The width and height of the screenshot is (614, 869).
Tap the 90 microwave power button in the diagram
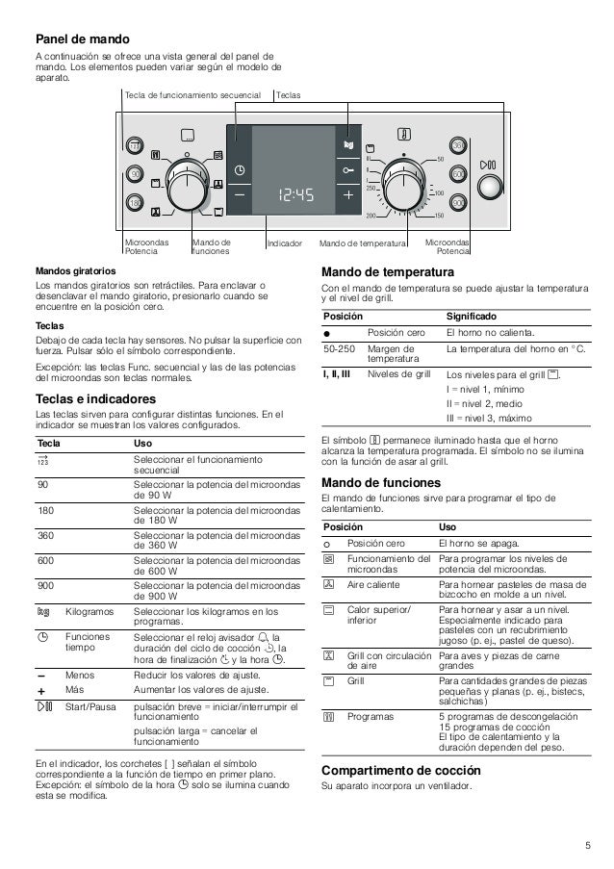(135, 173)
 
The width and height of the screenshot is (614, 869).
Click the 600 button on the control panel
(458, 173)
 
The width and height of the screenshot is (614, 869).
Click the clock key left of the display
(239, 169)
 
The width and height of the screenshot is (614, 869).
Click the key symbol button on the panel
(347, 169)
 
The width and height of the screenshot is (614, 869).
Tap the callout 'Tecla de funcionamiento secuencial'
(192, 96)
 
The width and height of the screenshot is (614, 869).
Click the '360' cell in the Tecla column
(44, 534)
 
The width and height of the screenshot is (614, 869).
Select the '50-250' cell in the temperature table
(339, 348)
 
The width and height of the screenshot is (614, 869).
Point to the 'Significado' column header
(472, 316)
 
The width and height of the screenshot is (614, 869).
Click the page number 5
(586, 846)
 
